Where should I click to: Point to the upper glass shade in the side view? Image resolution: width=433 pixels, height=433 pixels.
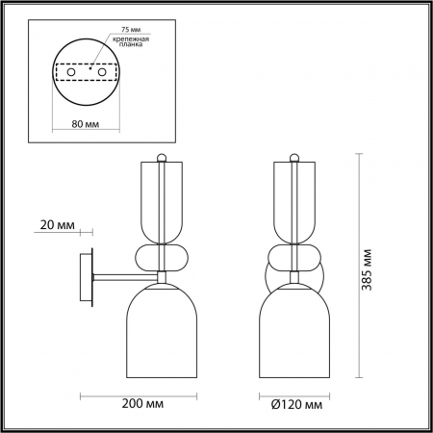tap(161, 202)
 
